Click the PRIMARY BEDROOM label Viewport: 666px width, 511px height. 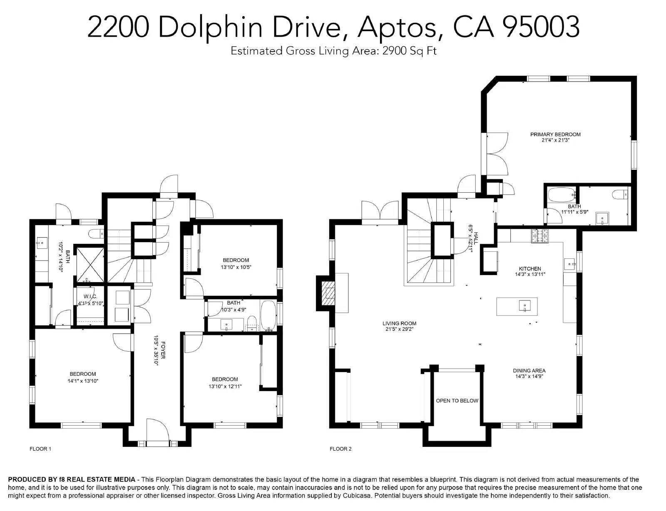[555, 134]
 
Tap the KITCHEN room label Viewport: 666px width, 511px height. [529, 269]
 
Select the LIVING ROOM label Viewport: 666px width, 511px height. [399, 323]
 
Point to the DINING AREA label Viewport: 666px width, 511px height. [529, 371]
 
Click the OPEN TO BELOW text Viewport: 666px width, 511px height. [457, 401]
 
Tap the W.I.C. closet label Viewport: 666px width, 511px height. [90, 297]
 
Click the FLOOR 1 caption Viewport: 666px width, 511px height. [40, 449]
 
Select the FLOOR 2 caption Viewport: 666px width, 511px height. [340, 449]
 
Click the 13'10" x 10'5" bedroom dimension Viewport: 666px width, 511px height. [236, 267]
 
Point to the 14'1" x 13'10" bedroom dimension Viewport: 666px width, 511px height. [83, 381]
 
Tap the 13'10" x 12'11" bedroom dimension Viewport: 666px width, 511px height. [225, 386]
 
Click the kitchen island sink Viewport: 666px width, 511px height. [525, 306]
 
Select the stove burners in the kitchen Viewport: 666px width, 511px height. [539, 236]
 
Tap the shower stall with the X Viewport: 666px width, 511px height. [90, 265]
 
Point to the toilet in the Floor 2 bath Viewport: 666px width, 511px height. [620, 194]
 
